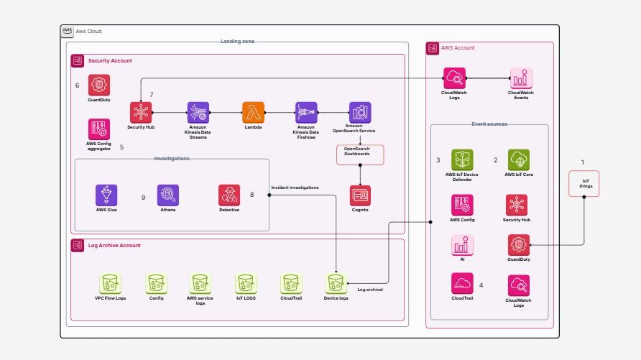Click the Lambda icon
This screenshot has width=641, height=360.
click(x=254, y=112)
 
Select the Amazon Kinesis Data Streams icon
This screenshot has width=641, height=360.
click(x=198, y=112)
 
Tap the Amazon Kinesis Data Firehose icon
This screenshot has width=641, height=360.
click(x=306, y=112)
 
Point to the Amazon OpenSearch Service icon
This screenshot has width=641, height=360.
click(x=359, y=112)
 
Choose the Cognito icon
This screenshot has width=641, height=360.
click(x=360, y=195)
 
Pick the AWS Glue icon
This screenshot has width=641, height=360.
click(x=106, y=195)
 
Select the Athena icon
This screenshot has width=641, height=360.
click(x=167, y=195)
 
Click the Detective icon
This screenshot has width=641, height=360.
click(x=229, y=195)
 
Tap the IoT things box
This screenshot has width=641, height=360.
click(x=584, y=185)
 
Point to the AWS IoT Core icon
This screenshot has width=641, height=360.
click(x=518, y=160)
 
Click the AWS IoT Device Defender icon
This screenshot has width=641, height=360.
click(x=461, y=160)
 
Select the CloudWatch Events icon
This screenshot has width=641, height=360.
click(x=520, y=78)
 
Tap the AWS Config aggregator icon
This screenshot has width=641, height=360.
click(x=99, y=129)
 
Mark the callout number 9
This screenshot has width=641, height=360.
click(x=143, y=197)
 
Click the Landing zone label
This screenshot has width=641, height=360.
click(x=237, y=42)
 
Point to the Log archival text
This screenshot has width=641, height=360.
click(x=370, y=290)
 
